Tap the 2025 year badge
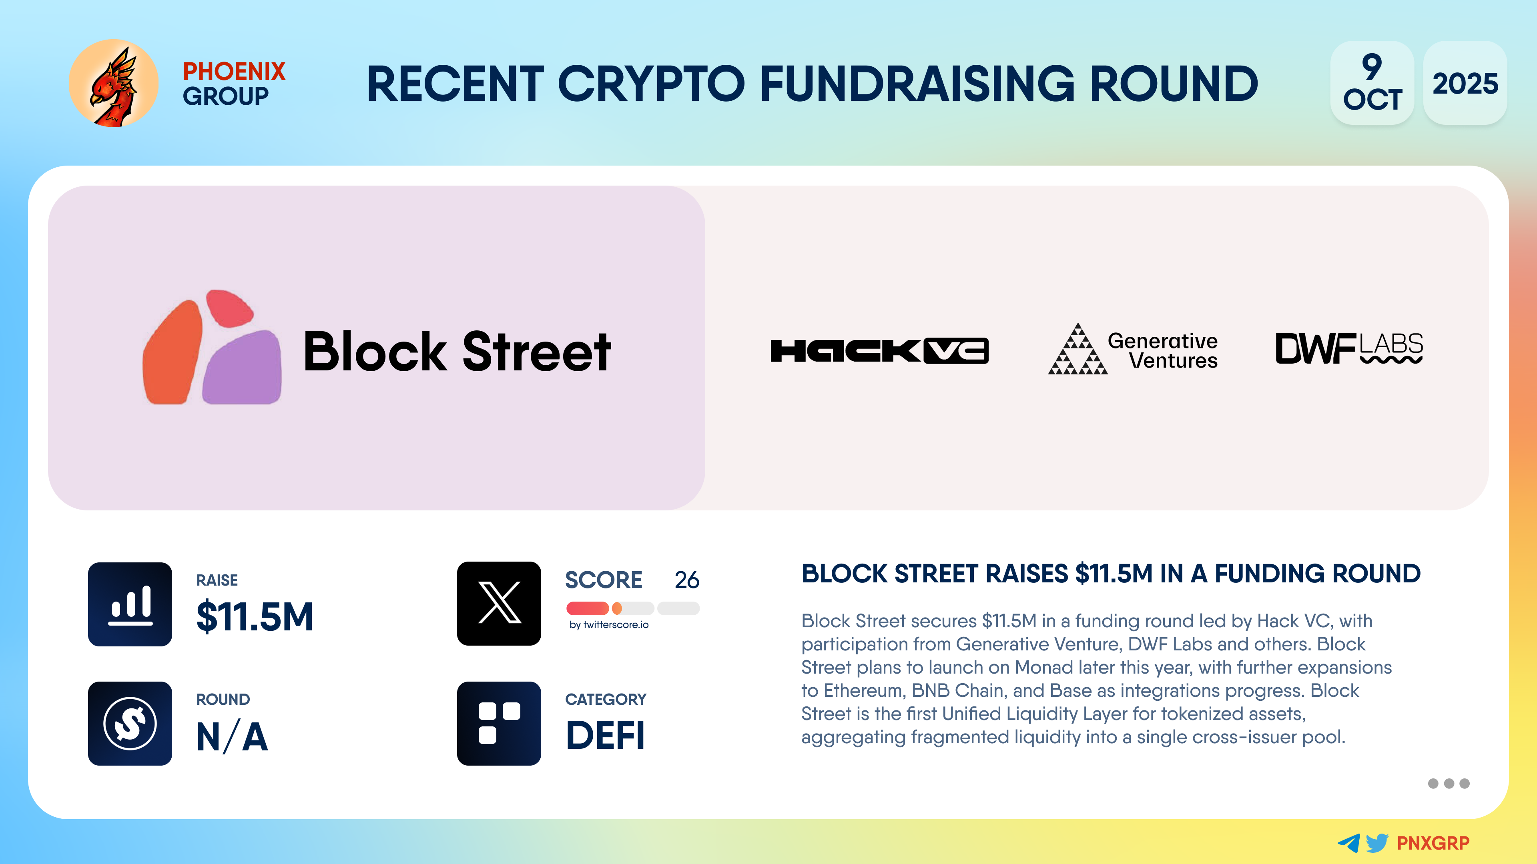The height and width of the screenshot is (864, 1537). tap(1465, 83)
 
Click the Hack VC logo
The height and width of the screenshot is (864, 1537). tap(879, 351)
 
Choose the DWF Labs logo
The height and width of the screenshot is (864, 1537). tap(1349, 348)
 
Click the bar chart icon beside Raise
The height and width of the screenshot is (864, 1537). tap(130, 604)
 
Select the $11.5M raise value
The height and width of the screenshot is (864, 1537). tap(255, 616)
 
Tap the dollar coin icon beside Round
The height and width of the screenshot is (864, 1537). tap(130, 723)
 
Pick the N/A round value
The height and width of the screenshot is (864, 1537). tap(232, 736)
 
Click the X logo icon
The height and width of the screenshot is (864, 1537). tap(499, 604)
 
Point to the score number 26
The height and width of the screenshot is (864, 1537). tap(687, 580)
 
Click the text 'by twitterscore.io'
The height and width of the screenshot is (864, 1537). tap(608, 625)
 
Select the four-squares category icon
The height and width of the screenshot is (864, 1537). tap(499, 723)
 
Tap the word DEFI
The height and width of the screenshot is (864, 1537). tap(605, 735)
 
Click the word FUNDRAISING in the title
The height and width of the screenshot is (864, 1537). tap(917, 84)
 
